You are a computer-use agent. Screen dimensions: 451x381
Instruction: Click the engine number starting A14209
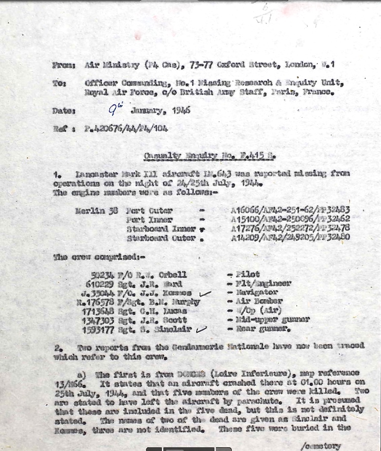(290, 238)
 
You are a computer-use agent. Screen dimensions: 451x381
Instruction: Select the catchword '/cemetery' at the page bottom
(321, 446)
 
